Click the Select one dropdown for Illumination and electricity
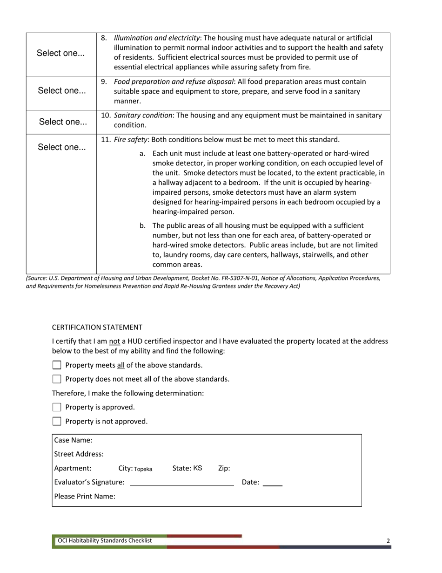pos(61,53)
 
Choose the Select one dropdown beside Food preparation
pos(61,91)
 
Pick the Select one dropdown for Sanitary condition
pos(62,122)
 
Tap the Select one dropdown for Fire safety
pos(61,147)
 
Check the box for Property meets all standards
pos(57,365)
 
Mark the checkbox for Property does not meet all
pos(57,379)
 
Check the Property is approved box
pos(57,407)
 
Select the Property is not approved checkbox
pos(57,421)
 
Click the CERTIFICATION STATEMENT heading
pos(97,327)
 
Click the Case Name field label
pos(73,440)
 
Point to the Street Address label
pos(79,454)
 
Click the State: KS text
pos(187,468)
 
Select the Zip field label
pos(224,468)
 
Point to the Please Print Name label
pos(85,497)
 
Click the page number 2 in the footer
pos(388,541)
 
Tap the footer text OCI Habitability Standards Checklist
pos(105,540)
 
